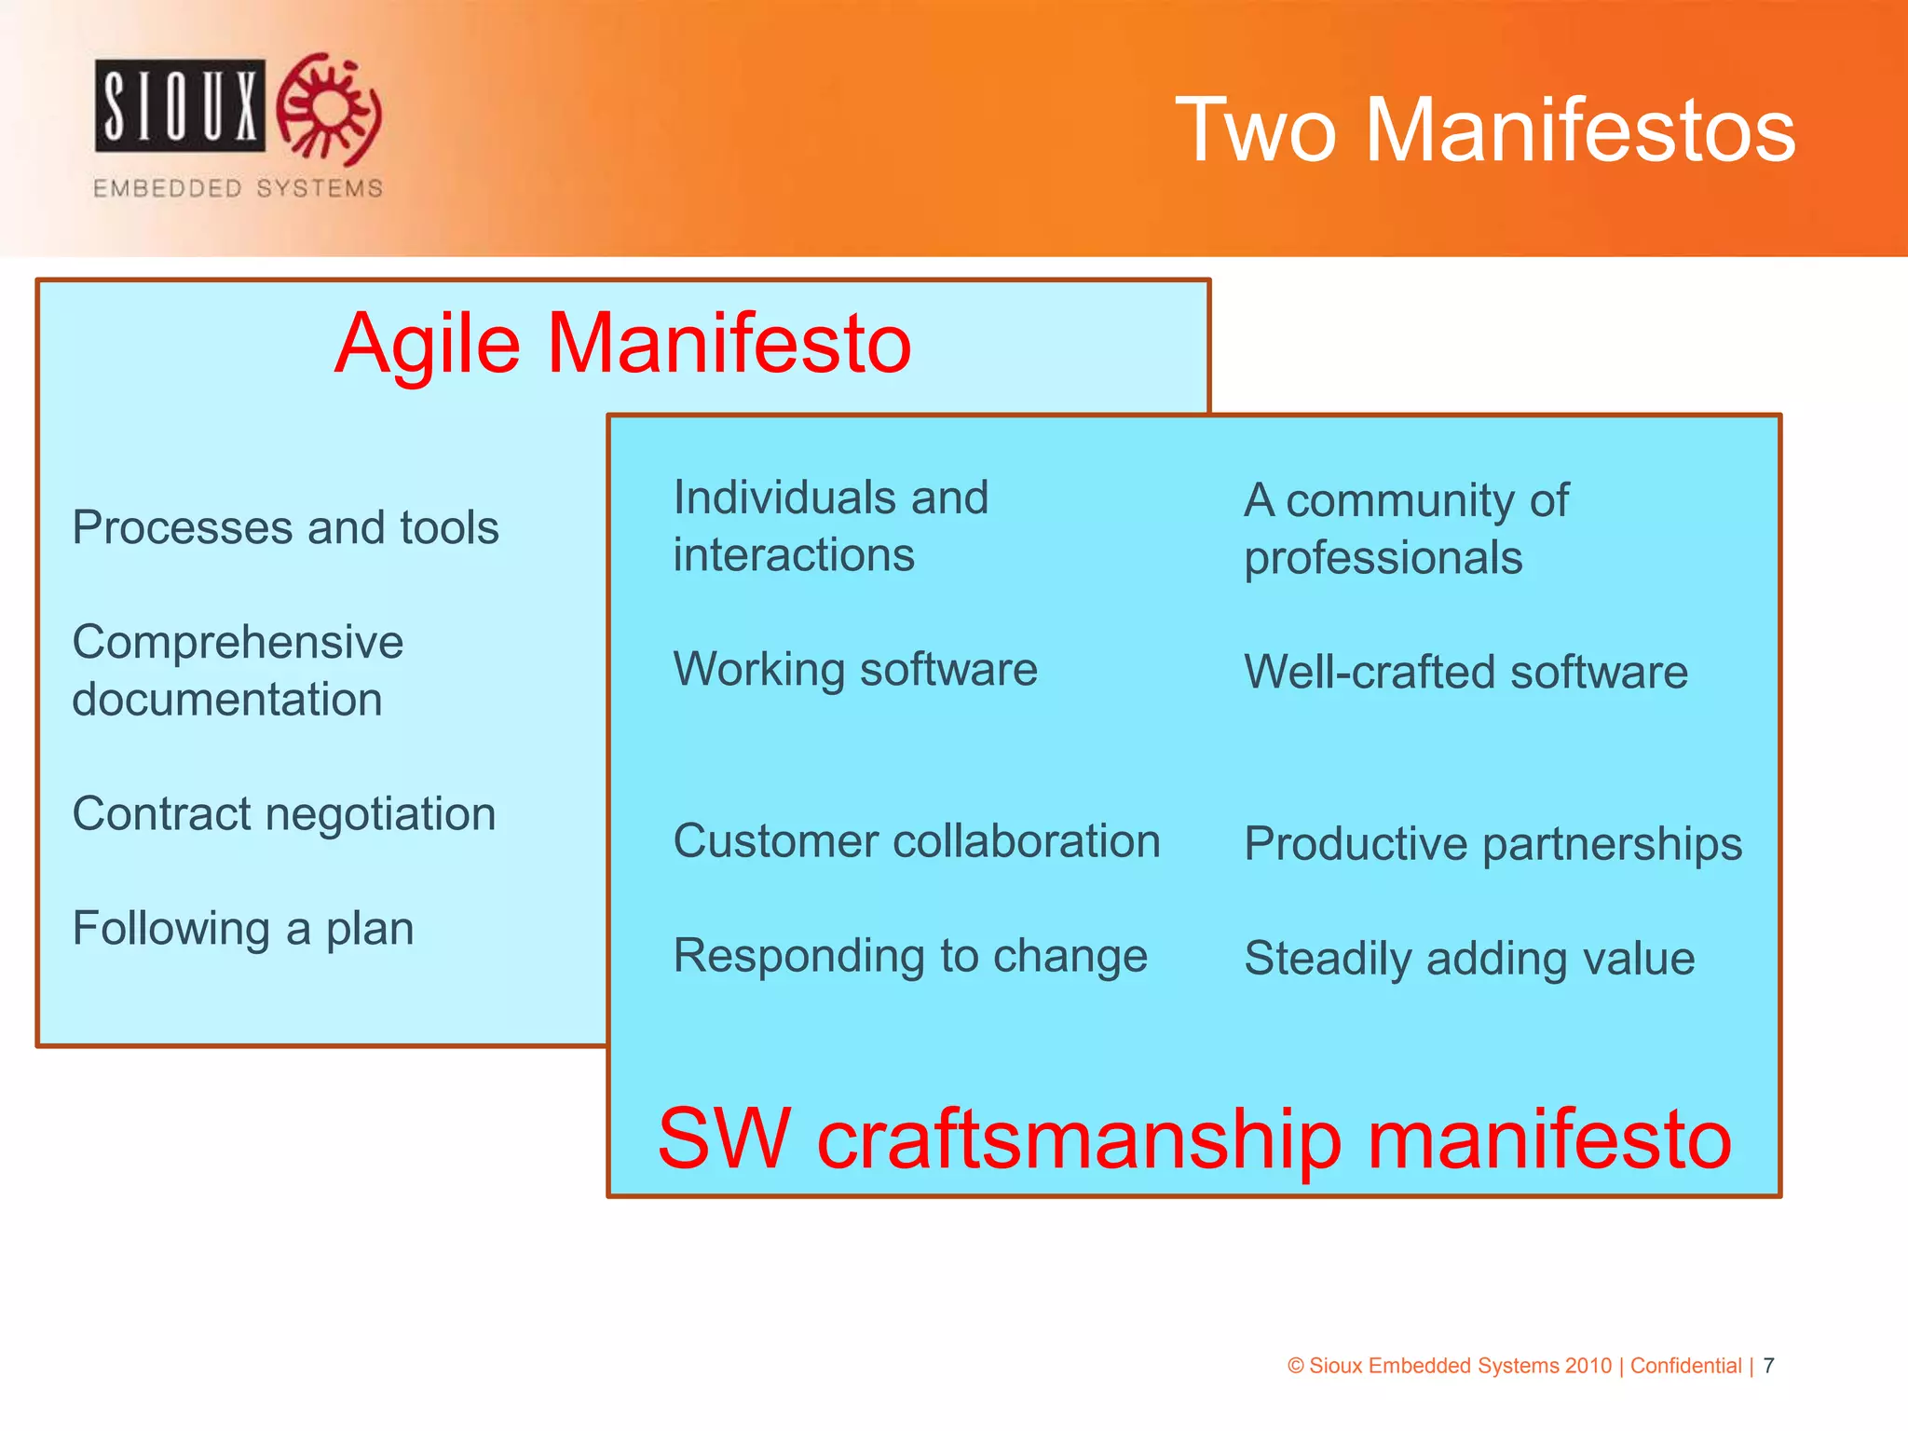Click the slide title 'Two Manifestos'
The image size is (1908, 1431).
1485,130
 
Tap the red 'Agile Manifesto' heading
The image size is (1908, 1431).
622,344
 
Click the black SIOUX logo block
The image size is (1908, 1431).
180,105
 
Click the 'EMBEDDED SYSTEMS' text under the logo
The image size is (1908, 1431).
238,188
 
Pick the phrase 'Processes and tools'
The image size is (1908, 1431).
285,527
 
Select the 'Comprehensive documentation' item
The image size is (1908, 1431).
238,670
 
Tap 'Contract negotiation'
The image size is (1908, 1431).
283,813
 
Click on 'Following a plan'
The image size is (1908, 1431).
242,928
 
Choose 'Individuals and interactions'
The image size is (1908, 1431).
829,525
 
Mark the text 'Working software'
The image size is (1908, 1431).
854,669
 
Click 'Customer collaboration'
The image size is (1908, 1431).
916,840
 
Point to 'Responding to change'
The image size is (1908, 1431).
909,956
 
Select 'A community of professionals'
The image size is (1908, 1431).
1405,528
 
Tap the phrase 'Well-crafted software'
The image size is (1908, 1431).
1465,672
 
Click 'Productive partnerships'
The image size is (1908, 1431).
1492,843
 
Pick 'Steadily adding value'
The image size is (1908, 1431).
1469,958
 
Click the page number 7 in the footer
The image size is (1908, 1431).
1768,1366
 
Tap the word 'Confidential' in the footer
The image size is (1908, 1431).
1685,1366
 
